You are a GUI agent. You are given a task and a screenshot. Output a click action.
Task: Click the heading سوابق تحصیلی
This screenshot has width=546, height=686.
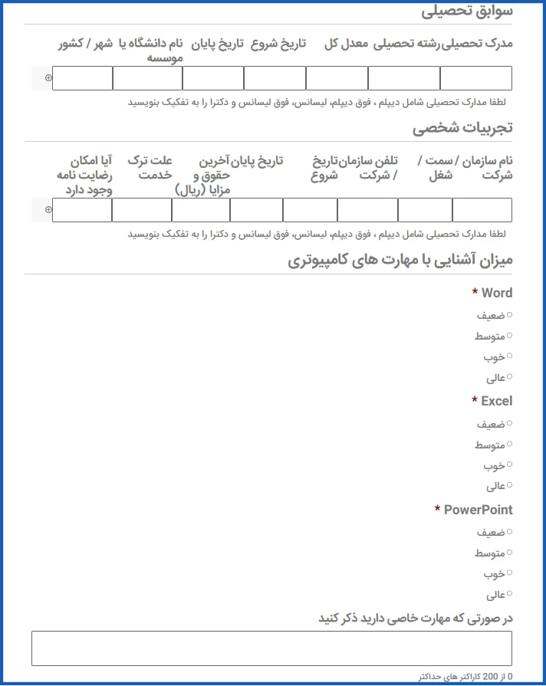click(x=466, y=12)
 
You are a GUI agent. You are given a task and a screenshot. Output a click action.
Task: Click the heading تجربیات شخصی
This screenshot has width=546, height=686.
click(x=462, y=129)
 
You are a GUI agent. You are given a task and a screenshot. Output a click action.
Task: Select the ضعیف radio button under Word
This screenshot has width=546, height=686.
click(x=509, y=314)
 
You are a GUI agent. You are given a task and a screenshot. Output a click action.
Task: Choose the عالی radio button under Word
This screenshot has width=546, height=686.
click(x=509, y=377)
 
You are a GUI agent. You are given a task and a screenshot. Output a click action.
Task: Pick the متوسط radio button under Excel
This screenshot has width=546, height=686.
click(x=509, y=444)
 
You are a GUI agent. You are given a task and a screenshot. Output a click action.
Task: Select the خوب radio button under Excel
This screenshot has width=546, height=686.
click(x=509, y=464)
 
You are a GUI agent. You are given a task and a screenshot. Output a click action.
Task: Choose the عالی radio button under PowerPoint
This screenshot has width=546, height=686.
click(x=509, y=594)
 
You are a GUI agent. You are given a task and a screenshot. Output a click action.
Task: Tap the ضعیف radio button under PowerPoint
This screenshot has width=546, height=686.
click(x=509, y=531)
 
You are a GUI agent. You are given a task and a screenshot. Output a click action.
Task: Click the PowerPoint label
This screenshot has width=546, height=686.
click(x=478, y=510)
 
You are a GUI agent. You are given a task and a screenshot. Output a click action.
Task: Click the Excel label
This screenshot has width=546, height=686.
click(x=496, y=401)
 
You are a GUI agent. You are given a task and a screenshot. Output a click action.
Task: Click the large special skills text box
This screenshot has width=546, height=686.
click(x=271, y=648)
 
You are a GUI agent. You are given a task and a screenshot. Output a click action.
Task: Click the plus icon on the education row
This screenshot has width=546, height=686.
click(x=48, y=78)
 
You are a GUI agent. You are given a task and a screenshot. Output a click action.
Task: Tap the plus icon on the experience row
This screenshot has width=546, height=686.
click(x=48, y=210)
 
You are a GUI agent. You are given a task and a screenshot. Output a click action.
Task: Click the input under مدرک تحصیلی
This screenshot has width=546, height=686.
click(x=475, y=78)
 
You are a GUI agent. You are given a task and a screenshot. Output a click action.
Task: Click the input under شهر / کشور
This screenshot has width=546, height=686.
click(x=83, y=78)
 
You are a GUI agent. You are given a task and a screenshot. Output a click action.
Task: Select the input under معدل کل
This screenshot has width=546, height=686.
click(x=337, y=78)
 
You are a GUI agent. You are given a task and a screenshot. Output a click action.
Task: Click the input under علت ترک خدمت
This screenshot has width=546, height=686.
click(x=142, y=210)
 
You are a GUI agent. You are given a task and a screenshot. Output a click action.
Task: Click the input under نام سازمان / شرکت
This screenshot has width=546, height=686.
click(x=482, y=210)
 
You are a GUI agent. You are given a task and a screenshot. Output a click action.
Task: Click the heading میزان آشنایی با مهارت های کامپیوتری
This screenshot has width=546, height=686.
click(x=400, y=261)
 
